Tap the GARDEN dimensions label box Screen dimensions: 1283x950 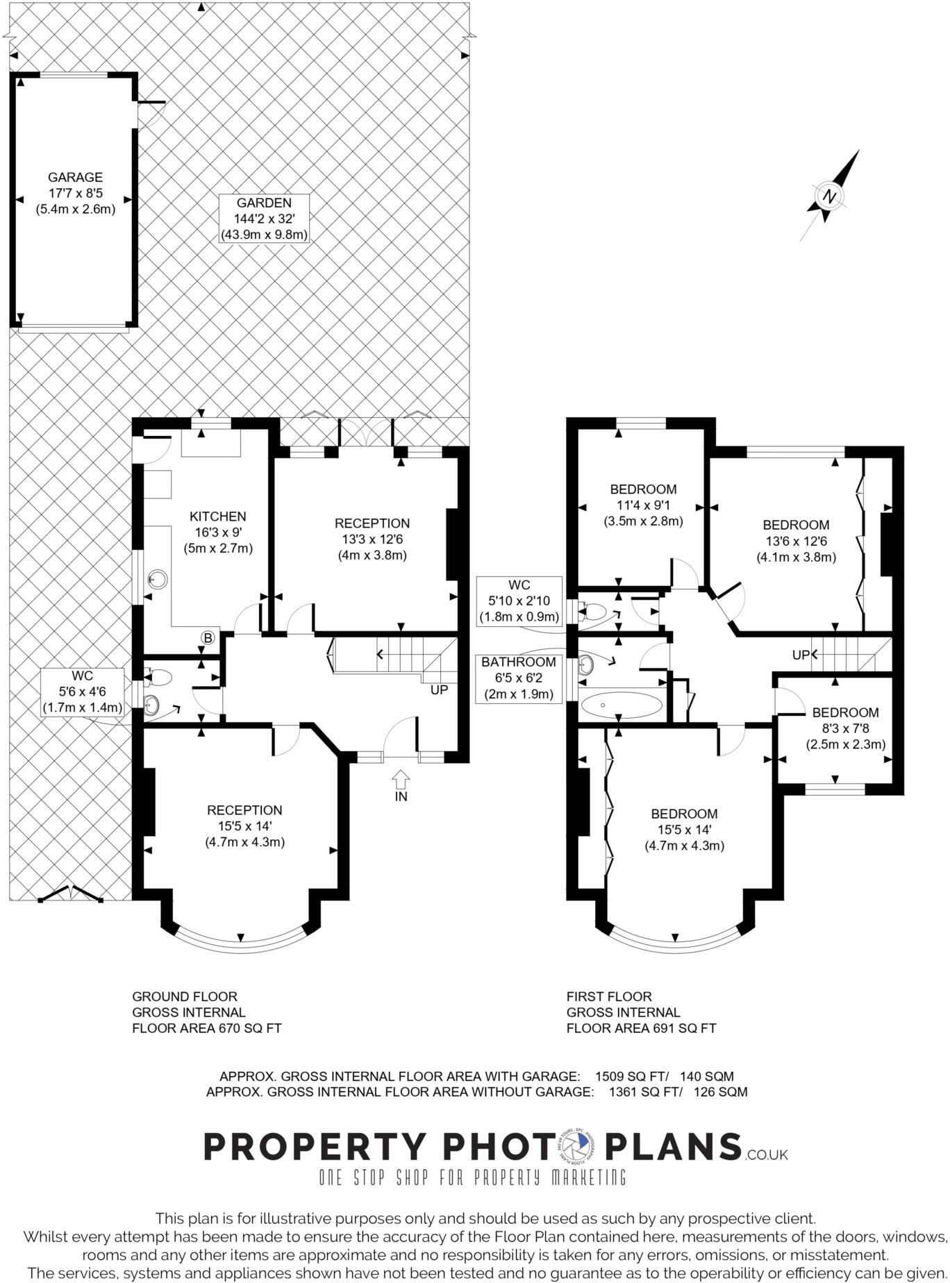pos(264,219)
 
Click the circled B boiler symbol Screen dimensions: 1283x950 pos(208,637)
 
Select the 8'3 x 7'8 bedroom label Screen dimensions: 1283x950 pos(845,728)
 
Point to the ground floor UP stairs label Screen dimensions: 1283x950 pos(439,690)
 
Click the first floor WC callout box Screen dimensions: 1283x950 pos(519,601)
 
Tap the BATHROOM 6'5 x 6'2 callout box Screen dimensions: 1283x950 pos(518,678)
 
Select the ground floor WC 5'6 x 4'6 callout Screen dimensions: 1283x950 pos(83,691)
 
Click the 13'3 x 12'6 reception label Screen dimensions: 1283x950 pos(372,539)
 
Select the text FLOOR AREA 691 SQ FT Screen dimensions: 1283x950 pos(640,1028)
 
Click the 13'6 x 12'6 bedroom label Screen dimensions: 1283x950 pos(796,541)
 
